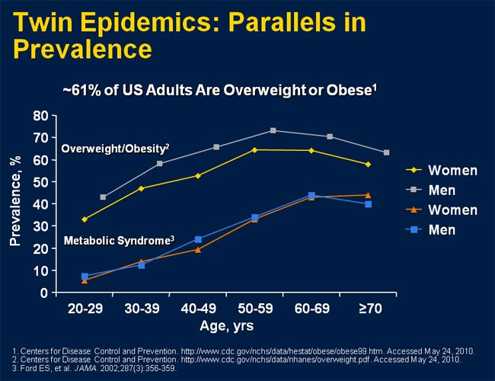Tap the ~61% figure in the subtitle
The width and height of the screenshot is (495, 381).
[x=78, y=89]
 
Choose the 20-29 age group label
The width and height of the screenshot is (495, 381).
[x=84, y=310]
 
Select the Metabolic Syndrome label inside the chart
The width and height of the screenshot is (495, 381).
[x=119, y=240]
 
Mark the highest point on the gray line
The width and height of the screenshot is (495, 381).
[x=273, y=130]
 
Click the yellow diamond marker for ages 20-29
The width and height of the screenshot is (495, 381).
[x=85, y=219]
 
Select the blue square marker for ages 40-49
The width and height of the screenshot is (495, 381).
[x=198, y=239]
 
